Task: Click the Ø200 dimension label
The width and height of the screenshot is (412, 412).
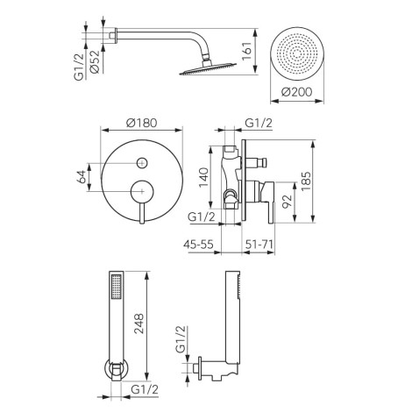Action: tap(297, 92)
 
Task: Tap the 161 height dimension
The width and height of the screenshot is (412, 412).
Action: tap(246, 51)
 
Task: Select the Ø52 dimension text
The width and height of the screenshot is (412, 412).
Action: tap(95, 62)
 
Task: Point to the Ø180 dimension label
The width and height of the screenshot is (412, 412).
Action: tap(142, 123)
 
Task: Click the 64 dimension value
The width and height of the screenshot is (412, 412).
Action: tap(82, 177)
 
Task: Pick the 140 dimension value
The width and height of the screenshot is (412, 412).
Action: tap(203, 177)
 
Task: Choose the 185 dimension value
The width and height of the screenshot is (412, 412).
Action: tap(306, 181)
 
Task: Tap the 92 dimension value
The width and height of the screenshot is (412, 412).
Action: tap(288, 201)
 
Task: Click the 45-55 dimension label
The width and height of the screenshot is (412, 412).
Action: tap(198, 244)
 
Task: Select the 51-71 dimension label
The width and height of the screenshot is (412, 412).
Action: tap(259, 244)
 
